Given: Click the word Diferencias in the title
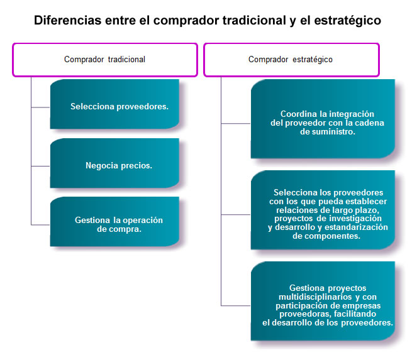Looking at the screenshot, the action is tap(67, 20).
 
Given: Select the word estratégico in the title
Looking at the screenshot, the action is tap(347, 21).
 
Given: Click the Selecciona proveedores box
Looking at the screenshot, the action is tap(114, 104).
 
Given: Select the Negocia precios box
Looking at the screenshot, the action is tap(114, 163).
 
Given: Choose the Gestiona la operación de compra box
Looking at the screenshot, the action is tap(114, 222).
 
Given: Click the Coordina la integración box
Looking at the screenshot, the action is tap(323, 119).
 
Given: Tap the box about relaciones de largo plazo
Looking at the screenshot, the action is tap(323, 210).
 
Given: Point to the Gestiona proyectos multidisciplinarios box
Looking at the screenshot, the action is tap(323, 301).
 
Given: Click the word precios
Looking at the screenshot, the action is tap(136, 165).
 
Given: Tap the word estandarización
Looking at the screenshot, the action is tap(356, 227).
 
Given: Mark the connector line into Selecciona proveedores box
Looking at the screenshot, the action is tap(40, 107).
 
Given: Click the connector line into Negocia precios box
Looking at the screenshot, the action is tap(40, 166).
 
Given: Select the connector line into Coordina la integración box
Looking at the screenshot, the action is tap(236, 123).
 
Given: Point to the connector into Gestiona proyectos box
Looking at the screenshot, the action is tap(236, 305).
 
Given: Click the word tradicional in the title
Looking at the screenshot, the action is tap(254, 20).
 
